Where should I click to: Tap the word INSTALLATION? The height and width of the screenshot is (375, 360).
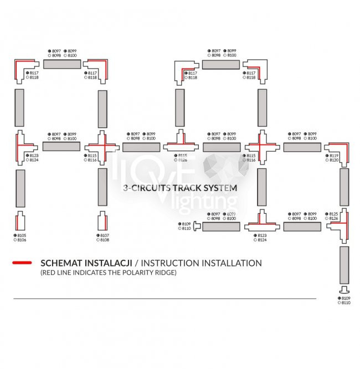pos(232,263)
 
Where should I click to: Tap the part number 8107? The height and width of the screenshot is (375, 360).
pos(105,235)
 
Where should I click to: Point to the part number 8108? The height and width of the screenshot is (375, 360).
pos(105,240)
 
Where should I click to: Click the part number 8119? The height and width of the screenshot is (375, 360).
pos(334,156)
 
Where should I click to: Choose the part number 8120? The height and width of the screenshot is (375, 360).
pos(334,161)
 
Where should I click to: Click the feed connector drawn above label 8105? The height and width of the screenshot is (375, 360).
pos(20,222)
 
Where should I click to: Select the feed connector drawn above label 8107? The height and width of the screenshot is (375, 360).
pos(102,222)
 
